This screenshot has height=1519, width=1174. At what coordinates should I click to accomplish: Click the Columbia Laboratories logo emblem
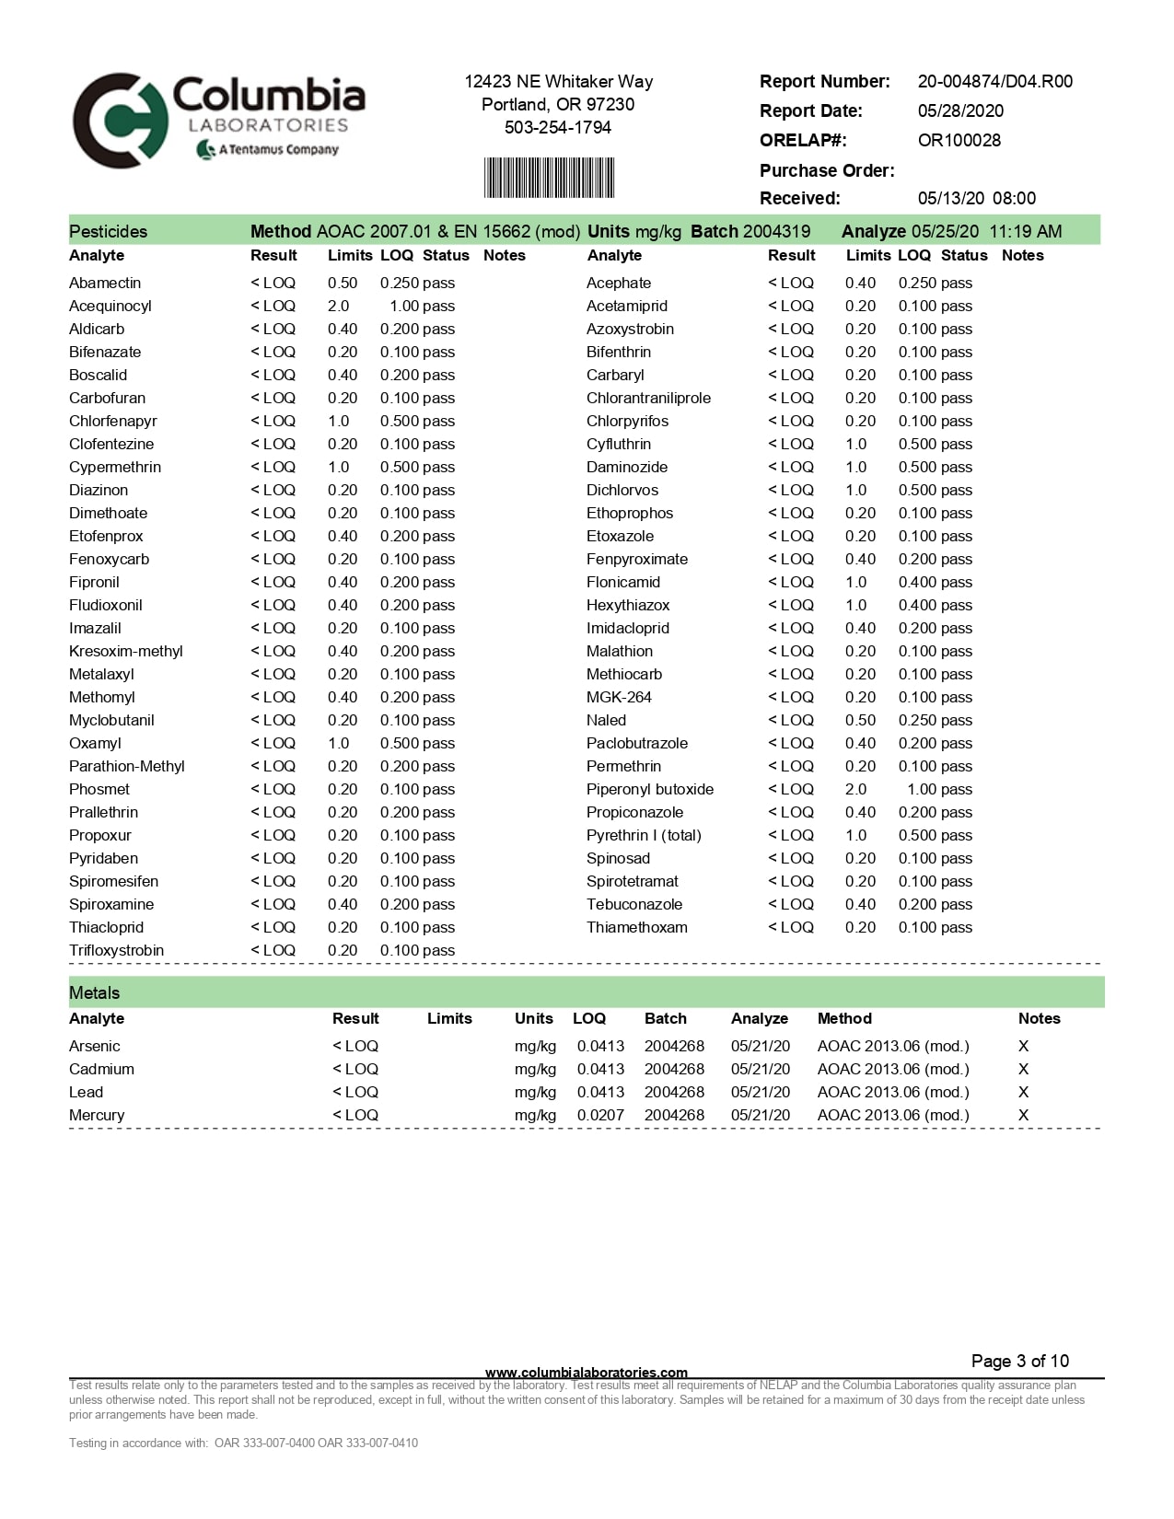(x=120, y=121)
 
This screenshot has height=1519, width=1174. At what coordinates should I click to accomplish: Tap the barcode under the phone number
(x=549, y=178)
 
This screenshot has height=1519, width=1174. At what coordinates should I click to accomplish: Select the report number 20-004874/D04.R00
(x=994, y=81)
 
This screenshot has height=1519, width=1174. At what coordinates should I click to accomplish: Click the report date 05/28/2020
(x=960, y=110)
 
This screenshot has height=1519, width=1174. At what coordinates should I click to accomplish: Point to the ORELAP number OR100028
(x=959, y=140)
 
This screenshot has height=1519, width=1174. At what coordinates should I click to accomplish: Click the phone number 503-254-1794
(x=557, y=127)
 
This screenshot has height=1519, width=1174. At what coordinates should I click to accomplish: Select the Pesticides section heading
(x=108, y=231)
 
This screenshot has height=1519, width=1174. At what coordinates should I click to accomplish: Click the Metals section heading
(x=94, y=992)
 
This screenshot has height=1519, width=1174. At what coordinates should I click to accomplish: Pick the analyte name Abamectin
(x=105, y=283)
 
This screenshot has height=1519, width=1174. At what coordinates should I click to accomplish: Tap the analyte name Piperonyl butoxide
(x=649, y=789)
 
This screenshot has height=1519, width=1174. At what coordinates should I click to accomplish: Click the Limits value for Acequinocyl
(x=338, y=306)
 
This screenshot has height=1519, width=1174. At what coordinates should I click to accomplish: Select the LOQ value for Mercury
(x=600, y=1115)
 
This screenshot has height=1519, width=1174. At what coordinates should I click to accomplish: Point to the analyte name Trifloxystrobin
(x=116, y=950)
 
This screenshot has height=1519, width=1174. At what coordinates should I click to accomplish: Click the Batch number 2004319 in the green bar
(x=777, y=231)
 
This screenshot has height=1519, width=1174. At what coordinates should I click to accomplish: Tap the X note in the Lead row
(x=1023, y=1092)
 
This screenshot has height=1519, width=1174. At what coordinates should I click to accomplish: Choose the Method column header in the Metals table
(x=844, y=1018)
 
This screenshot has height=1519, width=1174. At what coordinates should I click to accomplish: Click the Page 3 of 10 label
(x=1019, y=1361)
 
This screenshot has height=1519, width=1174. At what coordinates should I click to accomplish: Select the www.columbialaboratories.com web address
(x=586, y=1372)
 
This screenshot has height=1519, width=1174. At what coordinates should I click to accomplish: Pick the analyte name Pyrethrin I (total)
(x=644, y=835)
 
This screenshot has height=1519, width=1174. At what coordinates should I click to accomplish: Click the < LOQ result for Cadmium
(x=355, y=1069)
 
